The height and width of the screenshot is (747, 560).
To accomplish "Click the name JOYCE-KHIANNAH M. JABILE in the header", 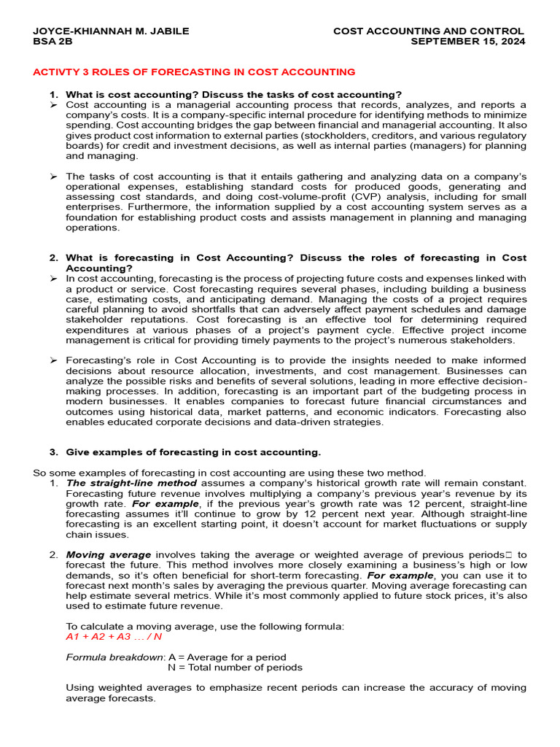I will point(111,31).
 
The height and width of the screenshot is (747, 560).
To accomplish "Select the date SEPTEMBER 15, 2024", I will point(467,42).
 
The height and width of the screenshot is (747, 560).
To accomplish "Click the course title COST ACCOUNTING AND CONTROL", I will point(428,31).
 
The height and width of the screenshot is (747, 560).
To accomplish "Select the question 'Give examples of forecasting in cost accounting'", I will point(193,452).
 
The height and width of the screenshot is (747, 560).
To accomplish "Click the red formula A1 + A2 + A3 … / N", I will point(114,637).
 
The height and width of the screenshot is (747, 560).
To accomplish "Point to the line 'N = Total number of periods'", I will point(235,667).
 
